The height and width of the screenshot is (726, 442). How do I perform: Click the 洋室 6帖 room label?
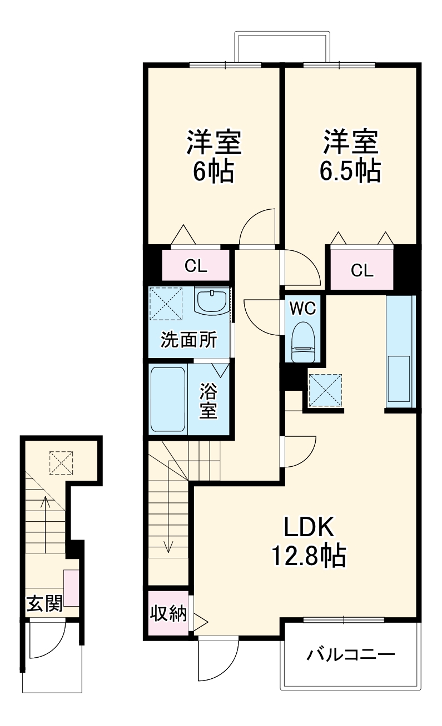coord(214,157)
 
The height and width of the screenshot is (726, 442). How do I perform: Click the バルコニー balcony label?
coord(351,655)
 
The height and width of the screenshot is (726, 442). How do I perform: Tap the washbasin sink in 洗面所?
coord(211,301)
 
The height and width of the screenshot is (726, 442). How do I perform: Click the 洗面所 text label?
coord(189,340)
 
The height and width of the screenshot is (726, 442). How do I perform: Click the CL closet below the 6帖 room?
coord(196,266)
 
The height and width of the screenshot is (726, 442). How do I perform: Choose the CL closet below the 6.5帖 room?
coord(362,270)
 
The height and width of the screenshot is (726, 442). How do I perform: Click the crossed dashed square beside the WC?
coord(325,390)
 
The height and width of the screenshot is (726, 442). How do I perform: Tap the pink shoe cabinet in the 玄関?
coord(71,588)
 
